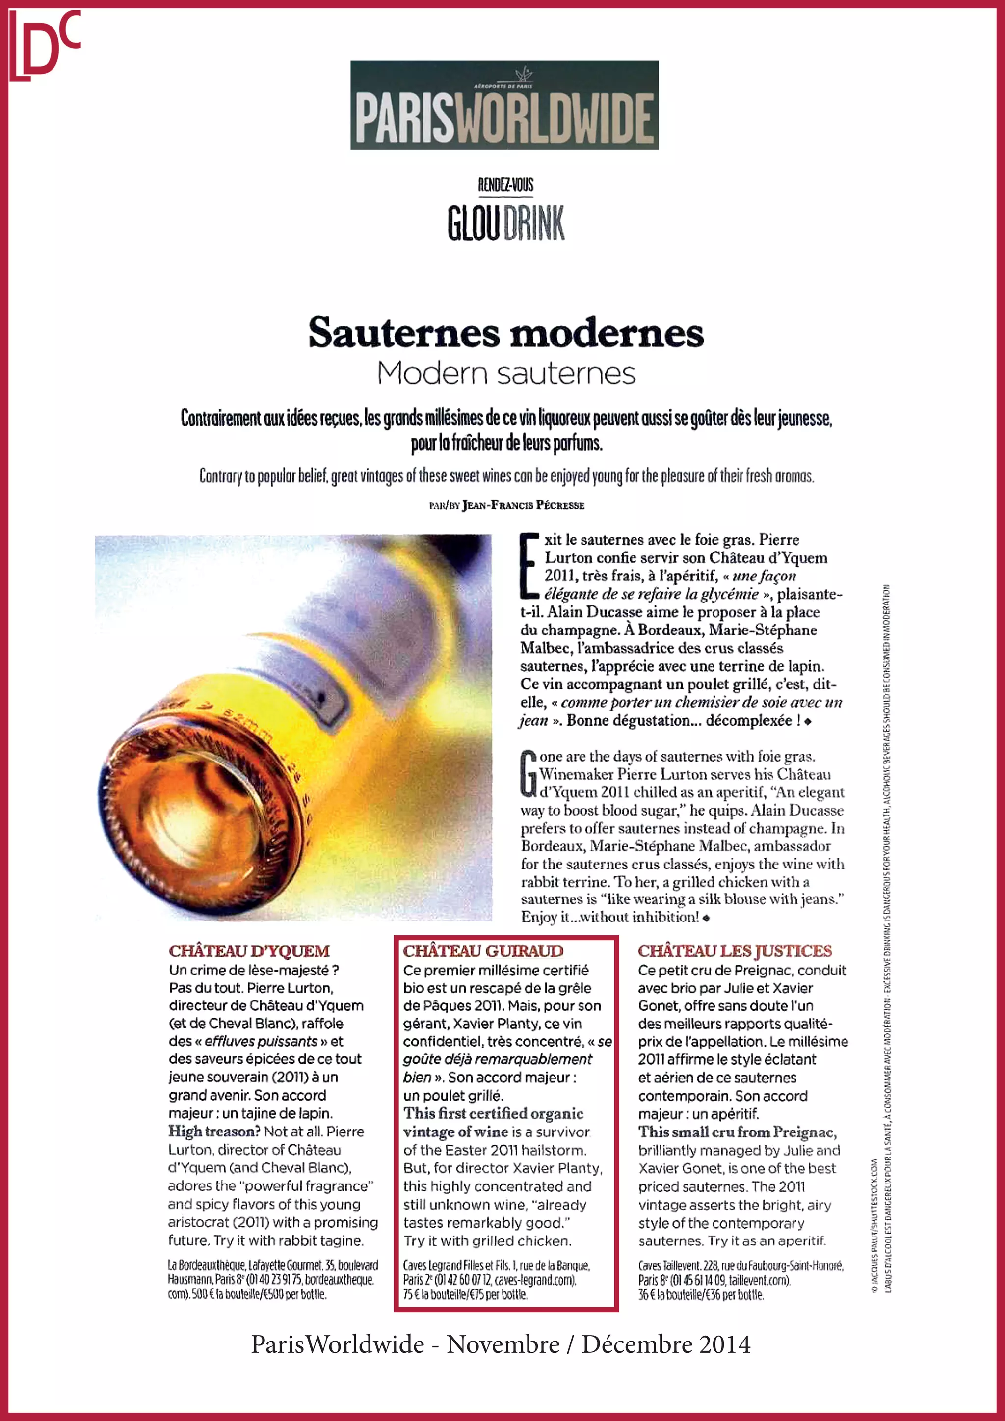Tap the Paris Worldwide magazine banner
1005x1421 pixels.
click(504, 105)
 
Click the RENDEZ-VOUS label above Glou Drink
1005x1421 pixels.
click(505, 184)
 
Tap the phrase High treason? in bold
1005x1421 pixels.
click(213, 1132)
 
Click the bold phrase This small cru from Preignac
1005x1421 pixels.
click(737, 1132)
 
